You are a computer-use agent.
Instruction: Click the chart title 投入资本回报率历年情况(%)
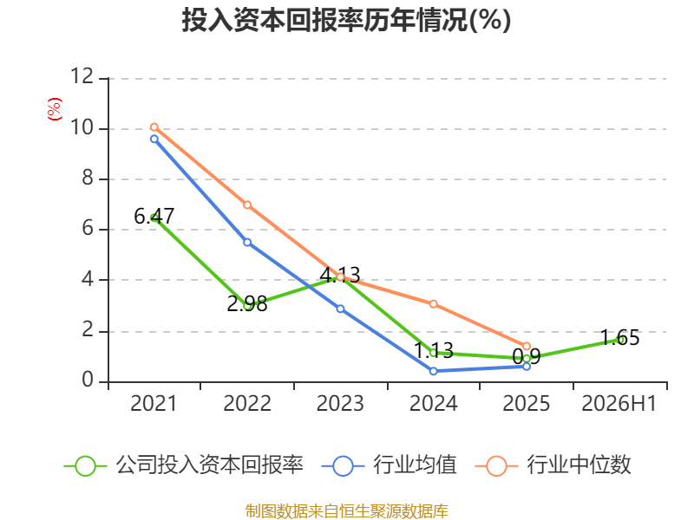346,20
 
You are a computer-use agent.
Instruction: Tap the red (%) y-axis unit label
55,109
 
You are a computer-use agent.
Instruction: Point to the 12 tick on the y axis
82,76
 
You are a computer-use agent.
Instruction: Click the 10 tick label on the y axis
82,127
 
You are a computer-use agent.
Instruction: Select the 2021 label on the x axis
154,403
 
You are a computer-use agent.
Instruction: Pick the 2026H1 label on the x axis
619,403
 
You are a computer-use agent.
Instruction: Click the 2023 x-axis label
340,403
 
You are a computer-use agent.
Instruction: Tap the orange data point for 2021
154,127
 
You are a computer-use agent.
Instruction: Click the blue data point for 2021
154,139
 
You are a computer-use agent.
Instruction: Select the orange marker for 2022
247,205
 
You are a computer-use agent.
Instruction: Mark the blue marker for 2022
247,243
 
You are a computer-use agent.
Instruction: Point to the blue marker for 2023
340,309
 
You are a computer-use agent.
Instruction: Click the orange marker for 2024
433,304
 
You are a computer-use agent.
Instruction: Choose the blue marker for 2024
433,371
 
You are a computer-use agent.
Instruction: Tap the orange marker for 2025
527,346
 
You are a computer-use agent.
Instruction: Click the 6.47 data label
154,216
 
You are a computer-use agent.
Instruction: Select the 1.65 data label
620,338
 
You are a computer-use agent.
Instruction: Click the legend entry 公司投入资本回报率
184,465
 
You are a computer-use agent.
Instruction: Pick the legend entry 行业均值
389,465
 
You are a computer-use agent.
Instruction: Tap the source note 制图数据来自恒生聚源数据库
346,511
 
